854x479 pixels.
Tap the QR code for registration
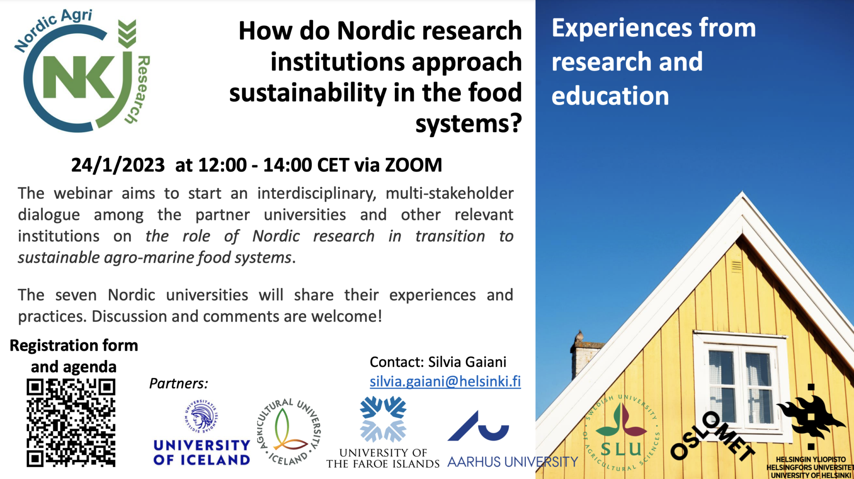pyautogui.click(x=71, y=422)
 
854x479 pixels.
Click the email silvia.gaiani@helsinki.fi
pyautogui.click(x=445, y=382)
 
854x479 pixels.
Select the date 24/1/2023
pyautogui.click(x=118, y=165)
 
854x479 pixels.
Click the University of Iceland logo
pyautogui.click(x=201, y=433)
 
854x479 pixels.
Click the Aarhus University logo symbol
pyautogui.click(x=479, y=427)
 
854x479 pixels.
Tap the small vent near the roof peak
pyautogui.click(x=736, y=266)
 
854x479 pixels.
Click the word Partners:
pyautogui.click(x=178, y=383)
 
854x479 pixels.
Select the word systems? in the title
pyautogui.click(x=468, y=124)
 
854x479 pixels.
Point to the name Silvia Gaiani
pyautogui.click(x=467, y=362)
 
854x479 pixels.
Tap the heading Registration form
pyautogui.click(x=74, y=346)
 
